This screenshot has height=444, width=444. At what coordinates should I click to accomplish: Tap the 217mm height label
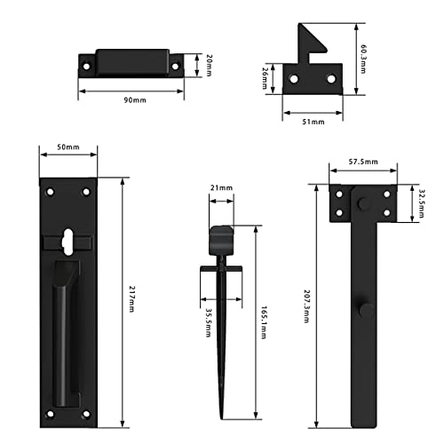[x=130, y=293]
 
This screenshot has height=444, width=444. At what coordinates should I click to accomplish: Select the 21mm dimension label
[x=222, y=188]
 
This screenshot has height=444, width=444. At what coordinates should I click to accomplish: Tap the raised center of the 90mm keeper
[x=134, y=61]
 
